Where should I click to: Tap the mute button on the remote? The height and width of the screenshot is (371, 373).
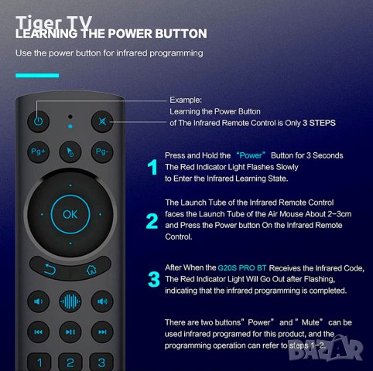pyautogui.click(x=102, y=121)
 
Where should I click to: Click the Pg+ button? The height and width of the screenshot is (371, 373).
pyautogui.click(x=38, y=151)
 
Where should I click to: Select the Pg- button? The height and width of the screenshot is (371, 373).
pyautogui.click(x=102, y=151)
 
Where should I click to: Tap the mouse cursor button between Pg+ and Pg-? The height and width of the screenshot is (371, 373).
pyautogui.click(x=70, y=152)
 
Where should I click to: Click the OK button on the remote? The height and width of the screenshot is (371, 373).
pyautogui.click(x=70, y=214)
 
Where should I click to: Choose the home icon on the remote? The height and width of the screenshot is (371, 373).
pyautogui.click(x=91, y=270)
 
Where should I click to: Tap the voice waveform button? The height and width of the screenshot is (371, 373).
pyautogui.click(x=70, y=301)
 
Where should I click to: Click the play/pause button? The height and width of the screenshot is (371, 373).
pyautogui.click(x=70, y=332)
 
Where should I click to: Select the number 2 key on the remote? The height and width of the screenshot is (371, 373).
pyautogui.click(x=70, y=362)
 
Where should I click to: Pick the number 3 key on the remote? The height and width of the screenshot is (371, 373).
pyautogui.click(x=101, y=362)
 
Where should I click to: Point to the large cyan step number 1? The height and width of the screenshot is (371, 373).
pyautogui.click(x=152, y=167)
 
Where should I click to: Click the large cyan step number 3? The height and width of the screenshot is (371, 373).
pyautogui.click(x=154, y=280)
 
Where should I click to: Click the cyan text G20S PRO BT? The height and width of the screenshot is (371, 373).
pyautogui.click(x=242, y=268)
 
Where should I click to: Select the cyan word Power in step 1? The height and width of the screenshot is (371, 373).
pyautogui.click(x=251, y=155)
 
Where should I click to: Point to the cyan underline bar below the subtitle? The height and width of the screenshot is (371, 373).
pyautogui.click(x=37, y=76)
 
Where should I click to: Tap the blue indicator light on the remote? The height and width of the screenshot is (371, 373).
pyautogui.click(x=70, y=127)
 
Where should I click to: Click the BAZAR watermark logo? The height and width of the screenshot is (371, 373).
pyautogui.click(x=326, y=348)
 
